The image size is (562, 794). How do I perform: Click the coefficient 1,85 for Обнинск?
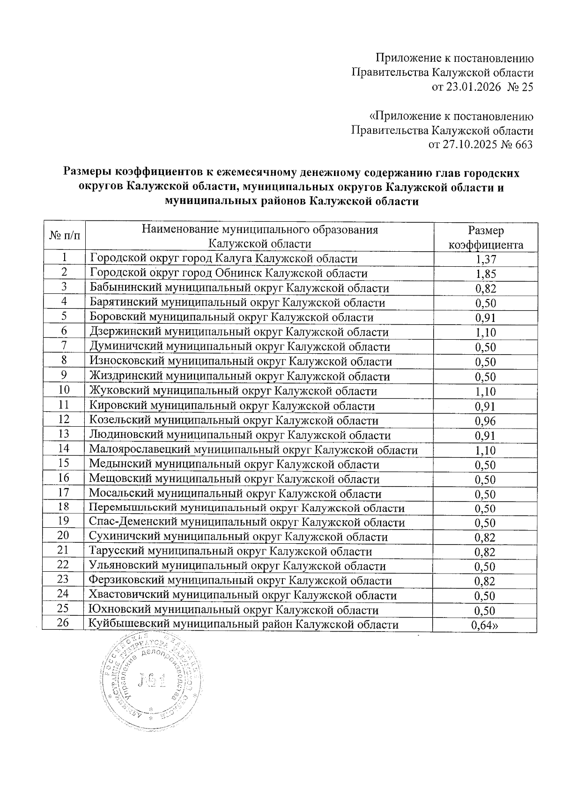click(x=485, y=274)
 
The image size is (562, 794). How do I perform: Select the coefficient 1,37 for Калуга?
click(x=485, y=259)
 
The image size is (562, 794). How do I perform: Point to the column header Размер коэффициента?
click(x=486, y=238)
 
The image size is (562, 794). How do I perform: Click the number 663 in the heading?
click(x=523, y=145)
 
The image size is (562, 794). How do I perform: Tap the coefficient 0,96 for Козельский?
click(x=485, y=421)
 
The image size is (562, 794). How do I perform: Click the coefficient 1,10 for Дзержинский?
click(x=485, y=333)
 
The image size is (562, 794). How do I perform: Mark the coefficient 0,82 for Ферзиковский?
click(x=485, y=582)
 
